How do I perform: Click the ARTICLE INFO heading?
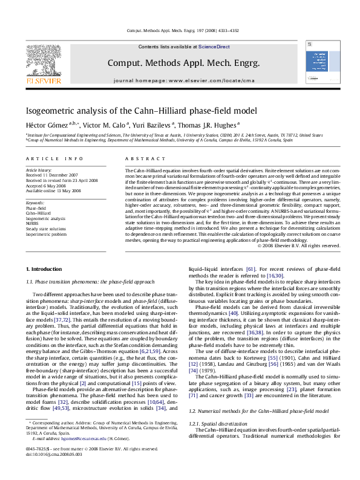coord(54,158)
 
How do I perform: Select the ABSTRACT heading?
coord(137,158)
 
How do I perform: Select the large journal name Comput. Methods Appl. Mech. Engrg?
coord(183,63)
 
